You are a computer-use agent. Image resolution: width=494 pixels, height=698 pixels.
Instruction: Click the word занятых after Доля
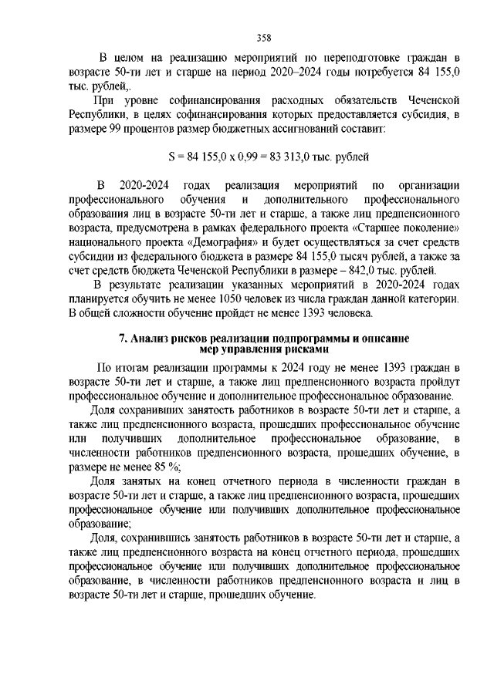pos(136,481)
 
